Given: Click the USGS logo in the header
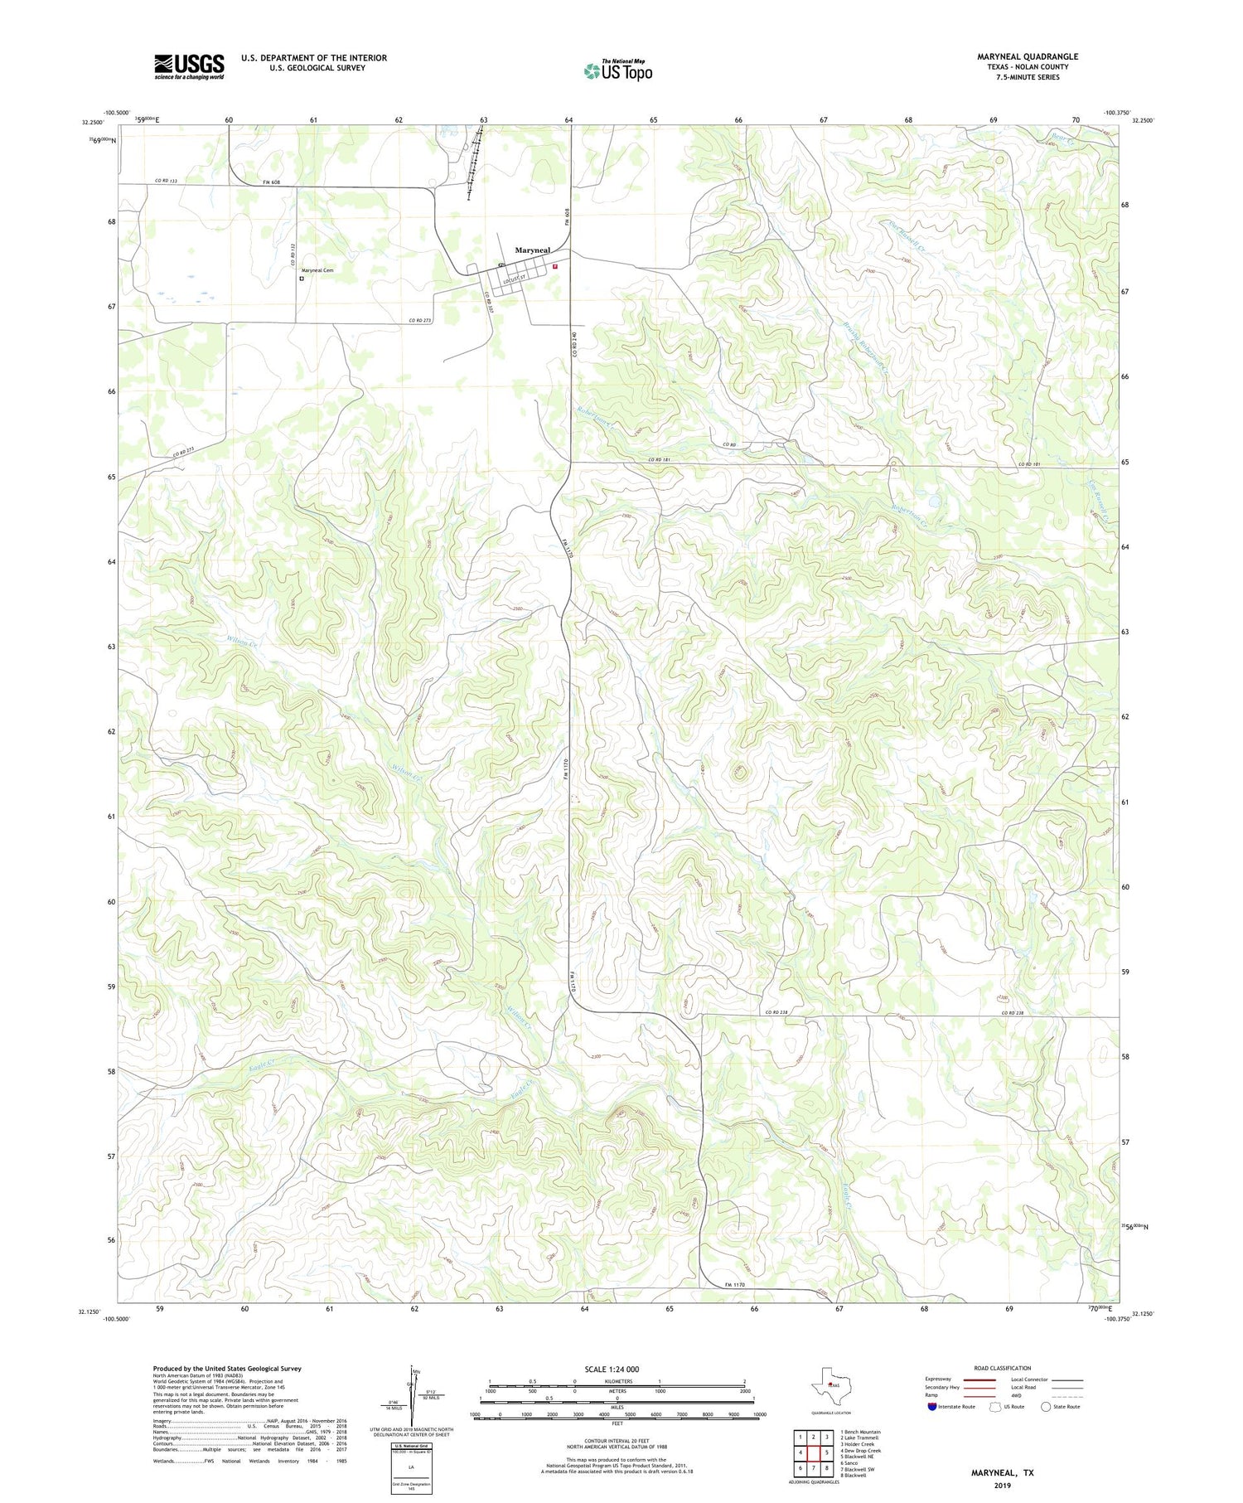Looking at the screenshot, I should pyautogui.click(x=189, y=66).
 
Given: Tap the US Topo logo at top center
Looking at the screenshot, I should pyautogui.click(x=617, y=71).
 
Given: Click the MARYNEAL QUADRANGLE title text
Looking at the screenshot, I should pyautogui.click(x=1028, y=57).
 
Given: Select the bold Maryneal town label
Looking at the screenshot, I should pyautogui.click(x=532, y=250).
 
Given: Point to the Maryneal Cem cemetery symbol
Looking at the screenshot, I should pyautogui.click(x=302, y=279).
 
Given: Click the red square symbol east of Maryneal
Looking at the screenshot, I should pyautogui.click(x=555, y=267).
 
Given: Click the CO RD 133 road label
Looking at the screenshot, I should pyautogui.click(x=167, y=181).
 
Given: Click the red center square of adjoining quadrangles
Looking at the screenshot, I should pyautogui.click(x=814, y=1453).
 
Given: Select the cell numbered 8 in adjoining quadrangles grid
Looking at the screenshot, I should pyautogui.click(x=827, y=1468).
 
